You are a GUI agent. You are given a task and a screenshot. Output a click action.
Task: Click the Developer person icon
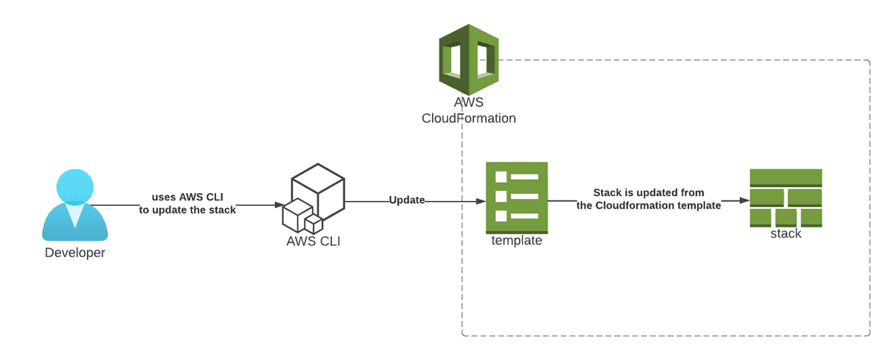(x=74, y=205)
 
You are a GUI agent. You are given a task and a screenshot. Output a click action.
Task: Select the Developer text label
(x=74, y=253)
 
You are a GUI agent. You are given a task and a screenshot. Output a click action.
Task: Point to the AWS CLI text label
(x=313, y=241)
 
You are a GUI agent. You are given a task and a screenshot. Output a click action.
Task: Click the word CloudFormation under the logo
(x=469, y=118)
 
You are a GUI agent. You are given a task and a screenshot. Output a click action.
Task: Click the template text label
(x=516, y=241)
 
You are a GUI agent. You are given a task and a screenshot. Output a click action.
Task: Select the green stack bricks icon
(x=785, y=198)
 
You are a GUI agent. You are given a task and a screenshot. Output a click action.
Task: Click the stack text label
(x=785, y=234)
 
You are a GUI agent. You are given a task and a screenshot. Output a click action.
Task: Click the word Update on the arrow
(x=407, y=200)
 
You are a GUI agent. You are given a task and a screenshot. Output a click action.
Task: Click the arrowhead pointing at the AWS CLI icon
(x=278, y=204)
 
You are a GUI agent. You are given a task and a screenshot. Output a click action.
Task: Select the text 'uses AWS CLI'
(x=187, y=197)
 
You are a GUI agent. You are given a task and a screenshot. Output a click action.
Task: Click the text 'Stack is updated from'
(x=648, y=192)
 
